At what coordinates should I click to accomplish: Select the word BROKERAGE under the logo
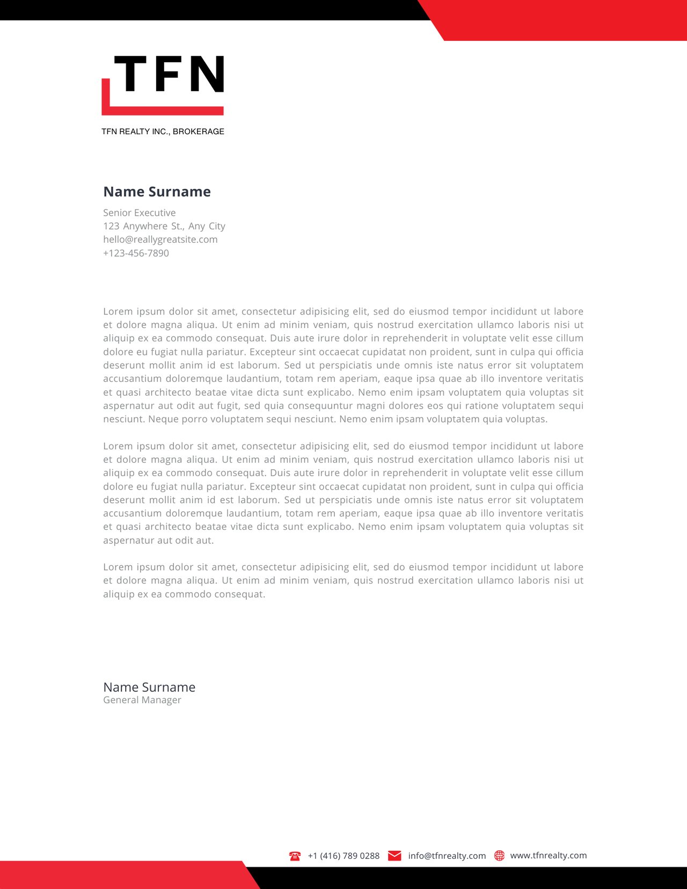(x=199, y=132)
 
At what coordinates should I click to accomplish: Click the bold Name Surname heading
(x=157, y=192)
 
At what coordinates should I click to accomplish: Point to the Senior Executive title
(x=140, y=213)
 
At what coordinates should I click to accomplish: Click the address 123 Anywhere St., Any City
(x=164, y=226)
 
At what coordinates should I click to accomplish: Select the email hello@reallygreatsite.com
(x=160, y=239)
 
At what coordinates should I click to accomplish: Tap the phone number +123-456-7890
(x=136, y=253)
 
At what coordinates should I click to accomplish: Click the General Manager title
(x=142, y=700)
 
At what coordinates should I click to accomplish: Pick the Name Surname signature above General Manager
(x=149, y=687)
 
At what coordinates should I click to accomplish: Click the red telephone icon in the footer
(x=295, y=856)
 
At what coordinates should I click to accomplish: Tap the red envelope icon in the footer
(x=394, y=856)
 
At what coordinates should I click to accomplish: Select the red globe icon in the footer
(x=499, y=856)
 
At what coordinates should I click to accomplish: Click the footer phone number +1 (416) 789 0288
(x=343, y=856)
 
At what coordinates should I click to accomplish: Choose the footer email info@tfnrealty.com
(x=447, y=856)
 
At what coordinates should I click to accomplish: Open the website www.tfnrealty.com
(x=549, y=855)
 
